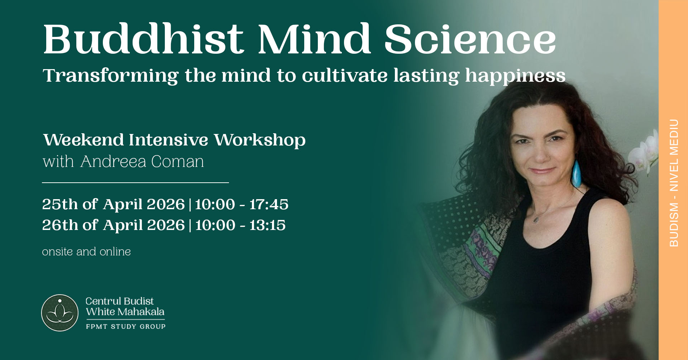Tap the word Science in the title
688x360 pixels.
(470, 39)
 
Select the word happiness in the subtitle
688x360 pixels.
(515, 76)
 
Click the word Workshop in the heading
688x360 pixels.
(260, 140)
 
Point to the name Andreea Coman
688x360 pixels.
(142, 162)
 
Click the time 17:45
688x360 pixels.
(269, 204)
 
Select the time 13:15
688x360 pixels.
(267, 225)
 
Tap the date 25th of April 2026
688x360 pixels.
(113, 204)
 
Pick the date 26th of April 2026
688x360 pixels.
(113, 225)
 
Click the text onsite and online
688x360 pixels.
(86, 251)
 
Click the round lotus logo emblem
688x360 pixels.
(60, 313)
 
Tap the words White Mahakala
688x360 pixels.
(125, 312)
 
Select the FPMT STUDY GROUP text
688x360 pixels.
(126, 326)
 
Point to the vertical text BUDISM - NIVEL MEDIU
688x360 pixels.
(674, 183)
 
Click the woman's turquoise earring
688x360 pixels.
(576, 173)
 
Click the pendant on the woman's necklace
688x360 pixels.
(536, 219)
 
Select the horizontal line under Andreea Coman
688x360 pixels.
(135, 183)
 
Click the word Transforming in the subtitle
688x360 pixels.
(110, 76)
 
